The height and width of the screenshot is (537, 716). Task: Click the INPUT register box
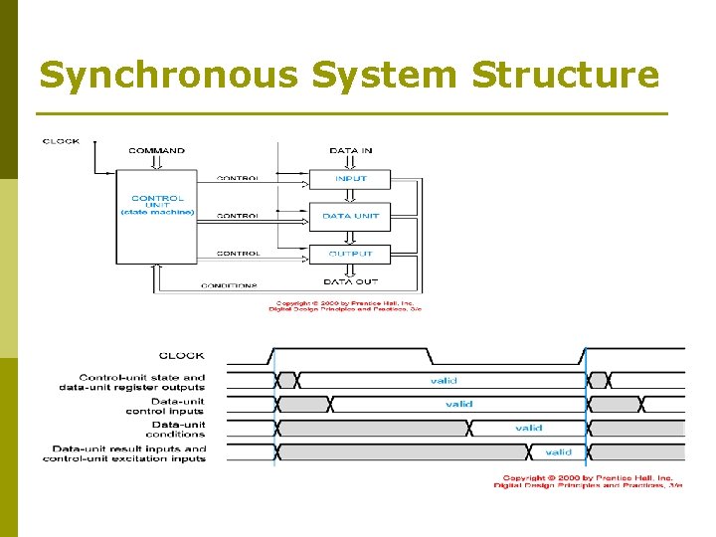(x=350, y=179)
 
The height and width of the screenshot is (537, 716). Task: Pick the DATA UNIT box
(x=350, y=216)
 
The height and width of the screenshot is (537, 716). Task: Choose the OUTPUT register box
(x=350, y=254)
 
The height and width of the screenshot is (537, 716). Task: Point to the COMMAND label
(x=156, y=151)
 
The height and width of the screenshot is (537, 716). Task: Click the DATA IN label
(x=350, y=151)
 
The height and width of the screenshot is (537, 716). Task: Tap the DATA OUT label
(x=350, y=282)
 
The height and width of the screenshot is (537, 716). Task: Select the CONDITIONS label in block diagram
(x=231, y=286)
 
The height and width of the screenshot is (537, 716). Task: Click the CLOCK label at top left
(x=61, y=141)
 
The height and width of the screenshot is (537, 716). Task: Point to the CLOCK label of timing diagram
(x=181, y=355)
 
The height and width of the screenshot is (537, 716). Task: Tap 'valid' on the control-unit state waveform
(x=444, y=380)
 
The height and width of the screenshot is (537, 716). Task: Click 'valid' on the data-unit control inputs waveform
(x=458, y=404)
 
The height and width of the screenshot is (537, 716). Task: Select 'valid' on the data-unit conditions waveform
(x=528, y=428)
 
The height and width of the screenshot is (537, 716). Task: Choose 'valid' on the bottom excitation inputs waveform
(x=558, y=451)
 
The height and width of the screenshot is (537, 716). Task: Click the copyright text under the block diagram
(x=345, y=306)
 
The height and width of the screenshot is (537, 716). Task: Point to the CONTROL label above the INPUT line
(x=239, y=179)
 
